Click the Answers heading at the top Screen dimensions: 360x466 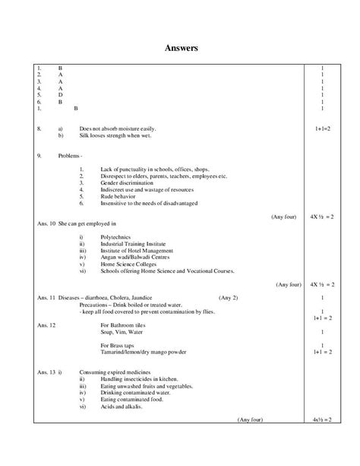pyautogui.click(x=182, y=48)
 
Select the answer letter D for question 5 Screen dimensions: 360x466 pyautogui.click(x=61, y=95)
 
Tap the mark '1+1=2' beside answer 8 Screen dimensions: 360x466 pyautogui.click(x=323, y=129)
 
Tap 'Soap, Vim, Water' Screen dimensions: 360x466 pyautogui.click(x=122, y=331)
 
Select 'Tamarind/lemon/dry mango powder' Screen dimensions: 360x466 pyautogui.click(x=143, y=352)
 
